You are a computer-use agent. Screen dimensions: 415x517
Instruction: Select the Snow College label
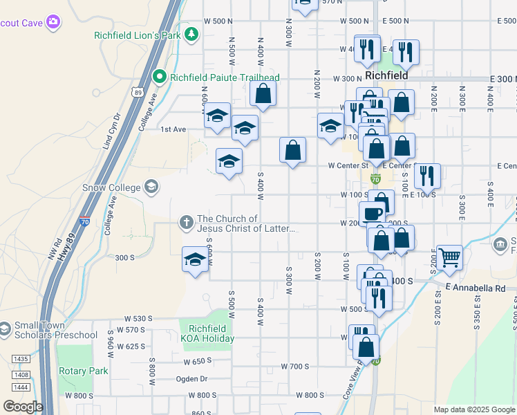click(x=111, y=187)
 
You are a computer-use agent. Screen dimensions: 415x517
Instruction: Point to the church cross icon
click(x=186, y=223)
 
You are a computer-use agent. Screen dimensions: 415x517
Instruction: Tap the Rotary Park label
click(x=83, y=371)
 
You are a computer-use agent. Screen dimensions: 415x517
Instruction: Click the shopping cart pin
click(x=449, y=257)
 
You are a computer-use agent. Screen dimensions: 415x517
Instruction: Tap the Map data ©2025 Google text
click(x=473, y=409)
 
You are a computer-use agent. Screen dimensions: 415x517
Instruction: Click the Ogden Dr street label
click(x=193, y=378)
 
